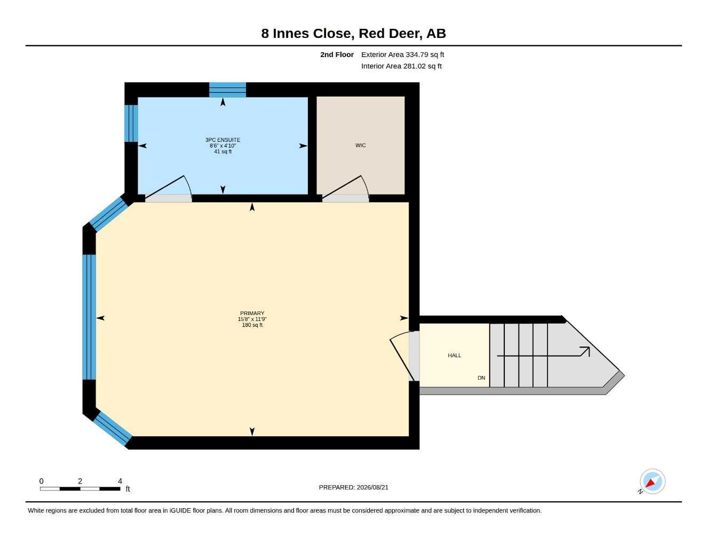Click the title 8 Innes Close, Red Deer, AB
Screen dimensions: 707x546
353,34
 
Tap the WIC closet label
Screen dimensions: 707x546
361,145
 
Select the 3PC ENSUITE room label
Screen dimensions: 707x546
223,140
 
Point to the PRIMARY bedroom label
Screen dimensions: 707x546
252,314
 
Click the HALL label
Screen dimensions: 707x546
455,356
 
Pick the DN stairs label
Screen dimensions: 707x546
481,378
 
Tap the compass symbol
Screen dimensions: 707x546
652,481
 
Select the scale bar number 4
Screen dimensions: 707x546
120,481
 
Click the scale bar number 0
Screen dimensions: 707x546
41,481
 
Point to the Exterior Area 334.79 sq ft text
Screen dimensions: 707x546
402,54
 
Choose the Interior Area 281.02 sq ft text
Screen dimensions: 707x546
401,66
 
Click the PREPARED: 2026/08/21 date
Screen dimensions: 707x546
354,487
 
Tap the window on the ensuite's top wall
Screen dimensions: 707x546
227,90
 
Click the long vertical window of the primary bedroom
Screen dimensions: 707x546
89,317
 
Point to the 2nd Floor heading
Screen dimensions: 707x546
337,54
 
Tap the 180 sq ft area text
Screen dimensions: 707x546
252,325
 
